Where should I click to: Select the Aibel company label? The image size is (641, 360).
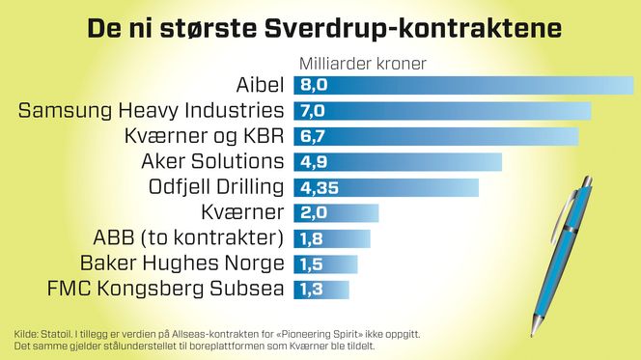[260, 85]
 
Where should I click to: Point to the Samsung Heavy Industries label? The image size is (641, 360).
[152, 111]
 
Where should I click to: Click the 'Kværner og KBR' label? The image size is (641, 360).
[206, 136]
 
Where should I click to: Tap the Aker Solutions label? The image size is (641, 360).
[212, 161]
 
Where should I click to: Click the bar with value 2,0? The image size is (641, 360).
[337, 211]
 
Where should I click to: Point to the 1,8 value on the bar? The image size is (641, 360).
[311, 237]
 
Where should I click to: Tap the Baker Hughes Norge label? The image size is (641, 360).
[182, 263]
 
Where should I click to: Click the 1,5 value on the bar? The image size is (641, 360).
[311, 263]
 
